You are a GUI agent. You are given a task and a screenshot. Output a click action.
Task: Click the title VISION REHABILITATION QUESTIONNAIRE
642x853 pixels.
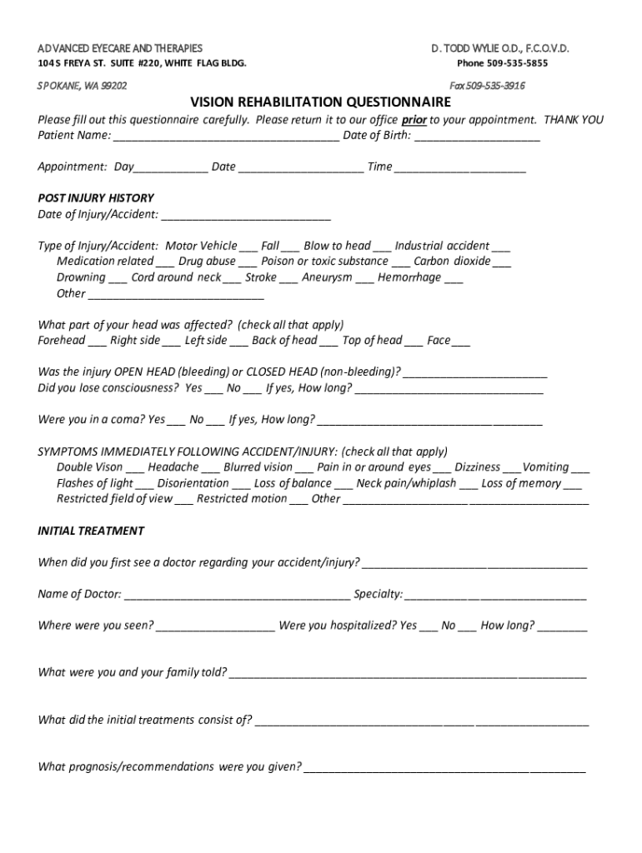[320, 102]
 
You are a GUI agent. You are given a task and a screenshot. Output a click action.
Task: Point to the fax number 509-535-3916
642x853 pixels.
[502, 86]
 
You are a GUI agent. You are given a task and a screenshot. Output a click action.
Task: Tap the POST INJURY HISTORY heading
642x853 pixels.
[96, 198]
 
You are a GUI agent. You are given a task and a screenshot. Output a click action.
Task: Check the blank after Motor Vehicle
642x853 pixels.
[248, 248]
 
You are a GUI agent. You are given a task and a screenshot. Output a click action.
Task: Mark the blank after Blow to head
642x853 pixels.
[382, 248]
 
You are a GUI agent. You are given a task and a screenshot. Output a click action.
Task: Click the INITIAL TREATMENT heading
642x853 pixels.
[91, 531]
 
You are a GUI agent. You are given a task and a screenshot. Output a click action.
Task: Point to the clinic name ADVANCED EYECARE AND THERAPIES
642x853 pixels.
[120, 48]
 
